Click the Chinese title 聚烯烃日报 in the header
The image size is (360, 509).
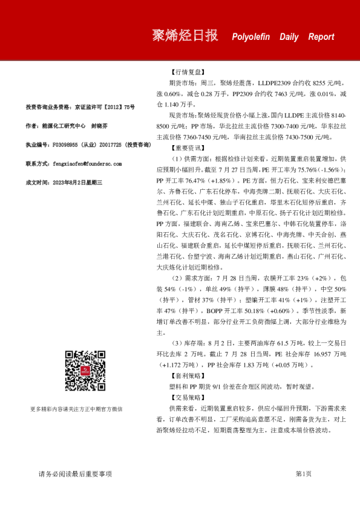(185, 36)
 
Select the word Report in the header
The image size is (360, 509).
(321, 37)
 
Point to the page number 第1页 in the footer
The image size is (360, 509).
(303, 474)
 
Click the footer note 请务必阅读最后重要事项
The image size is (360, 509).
(75, 474)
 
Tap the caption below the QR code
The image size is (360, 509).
(85, 409)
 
